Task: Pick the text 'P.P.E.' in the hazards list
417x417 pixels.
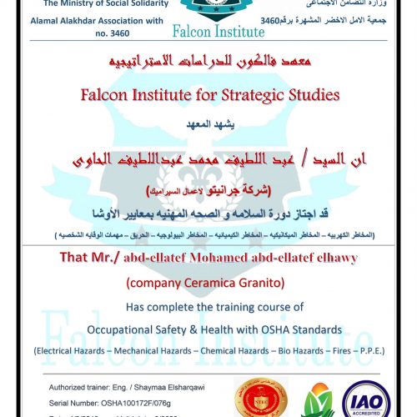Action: click(366, 351)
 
